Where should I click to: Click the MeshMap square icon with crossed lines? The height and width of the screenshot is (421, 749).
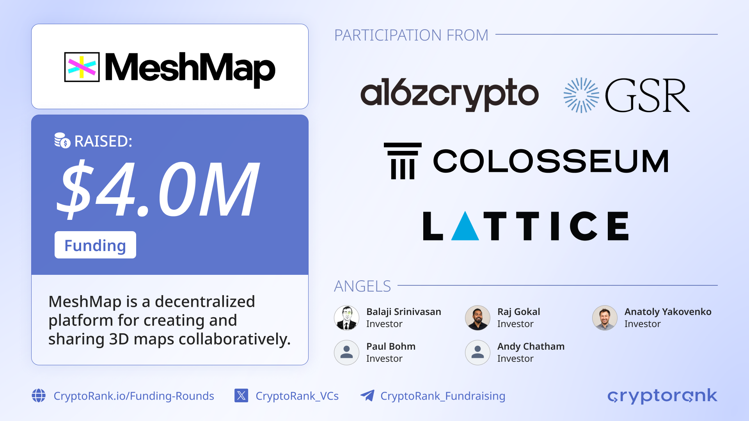[x=82, y=67]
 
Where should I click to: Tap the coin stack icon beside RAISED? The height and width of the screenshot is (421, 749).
[x=62, y=141]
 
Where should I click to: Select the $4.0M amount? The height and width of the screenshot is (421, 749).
[x=158, y=189]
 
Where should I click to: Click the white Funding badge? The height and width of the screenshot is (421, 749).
[x=95, y=245]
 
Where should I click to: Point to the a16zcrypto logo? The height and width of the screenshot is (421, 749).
[x=449, y=94]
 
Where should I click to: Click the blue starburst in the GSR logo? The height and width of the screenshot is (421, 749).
[x=581, y=95]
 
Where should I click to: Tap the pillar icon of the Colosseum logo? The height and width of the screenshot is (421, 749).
[x=403, y=161]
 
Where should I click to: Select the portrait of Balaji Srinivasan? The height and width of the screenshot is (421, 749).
[x=346, y=318]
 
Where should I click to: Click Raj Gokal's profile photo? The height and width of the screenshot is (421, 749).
[x=477, y=318]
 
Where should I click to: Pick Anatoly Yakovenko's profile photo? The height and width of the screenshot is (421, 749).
[x=605, y=318]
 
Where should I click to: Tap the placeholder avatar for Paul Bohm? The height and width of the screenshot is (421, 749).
[x=346, y=352]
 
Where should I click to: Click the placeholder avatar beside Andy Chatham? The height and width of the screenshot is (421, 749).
[x=477, y=352]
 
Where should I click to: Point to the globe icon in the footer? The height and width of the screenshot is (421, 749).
[x=39, y=396]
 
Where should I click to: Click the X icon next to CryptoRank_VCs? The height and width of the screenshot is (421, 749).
[x=241, y=396]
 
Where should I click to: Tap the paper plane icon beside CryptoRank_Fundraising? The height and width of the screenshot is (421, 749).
[x=367, y=395]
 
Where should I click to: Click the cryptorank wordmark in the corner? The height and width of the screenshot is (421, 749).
[x=662, y=396]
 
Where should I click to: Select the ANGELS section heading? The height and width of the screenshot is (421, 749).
[x=362, y=286]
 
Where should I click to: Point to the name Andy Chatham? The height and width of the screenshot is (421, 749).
[x=531, y=346]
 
